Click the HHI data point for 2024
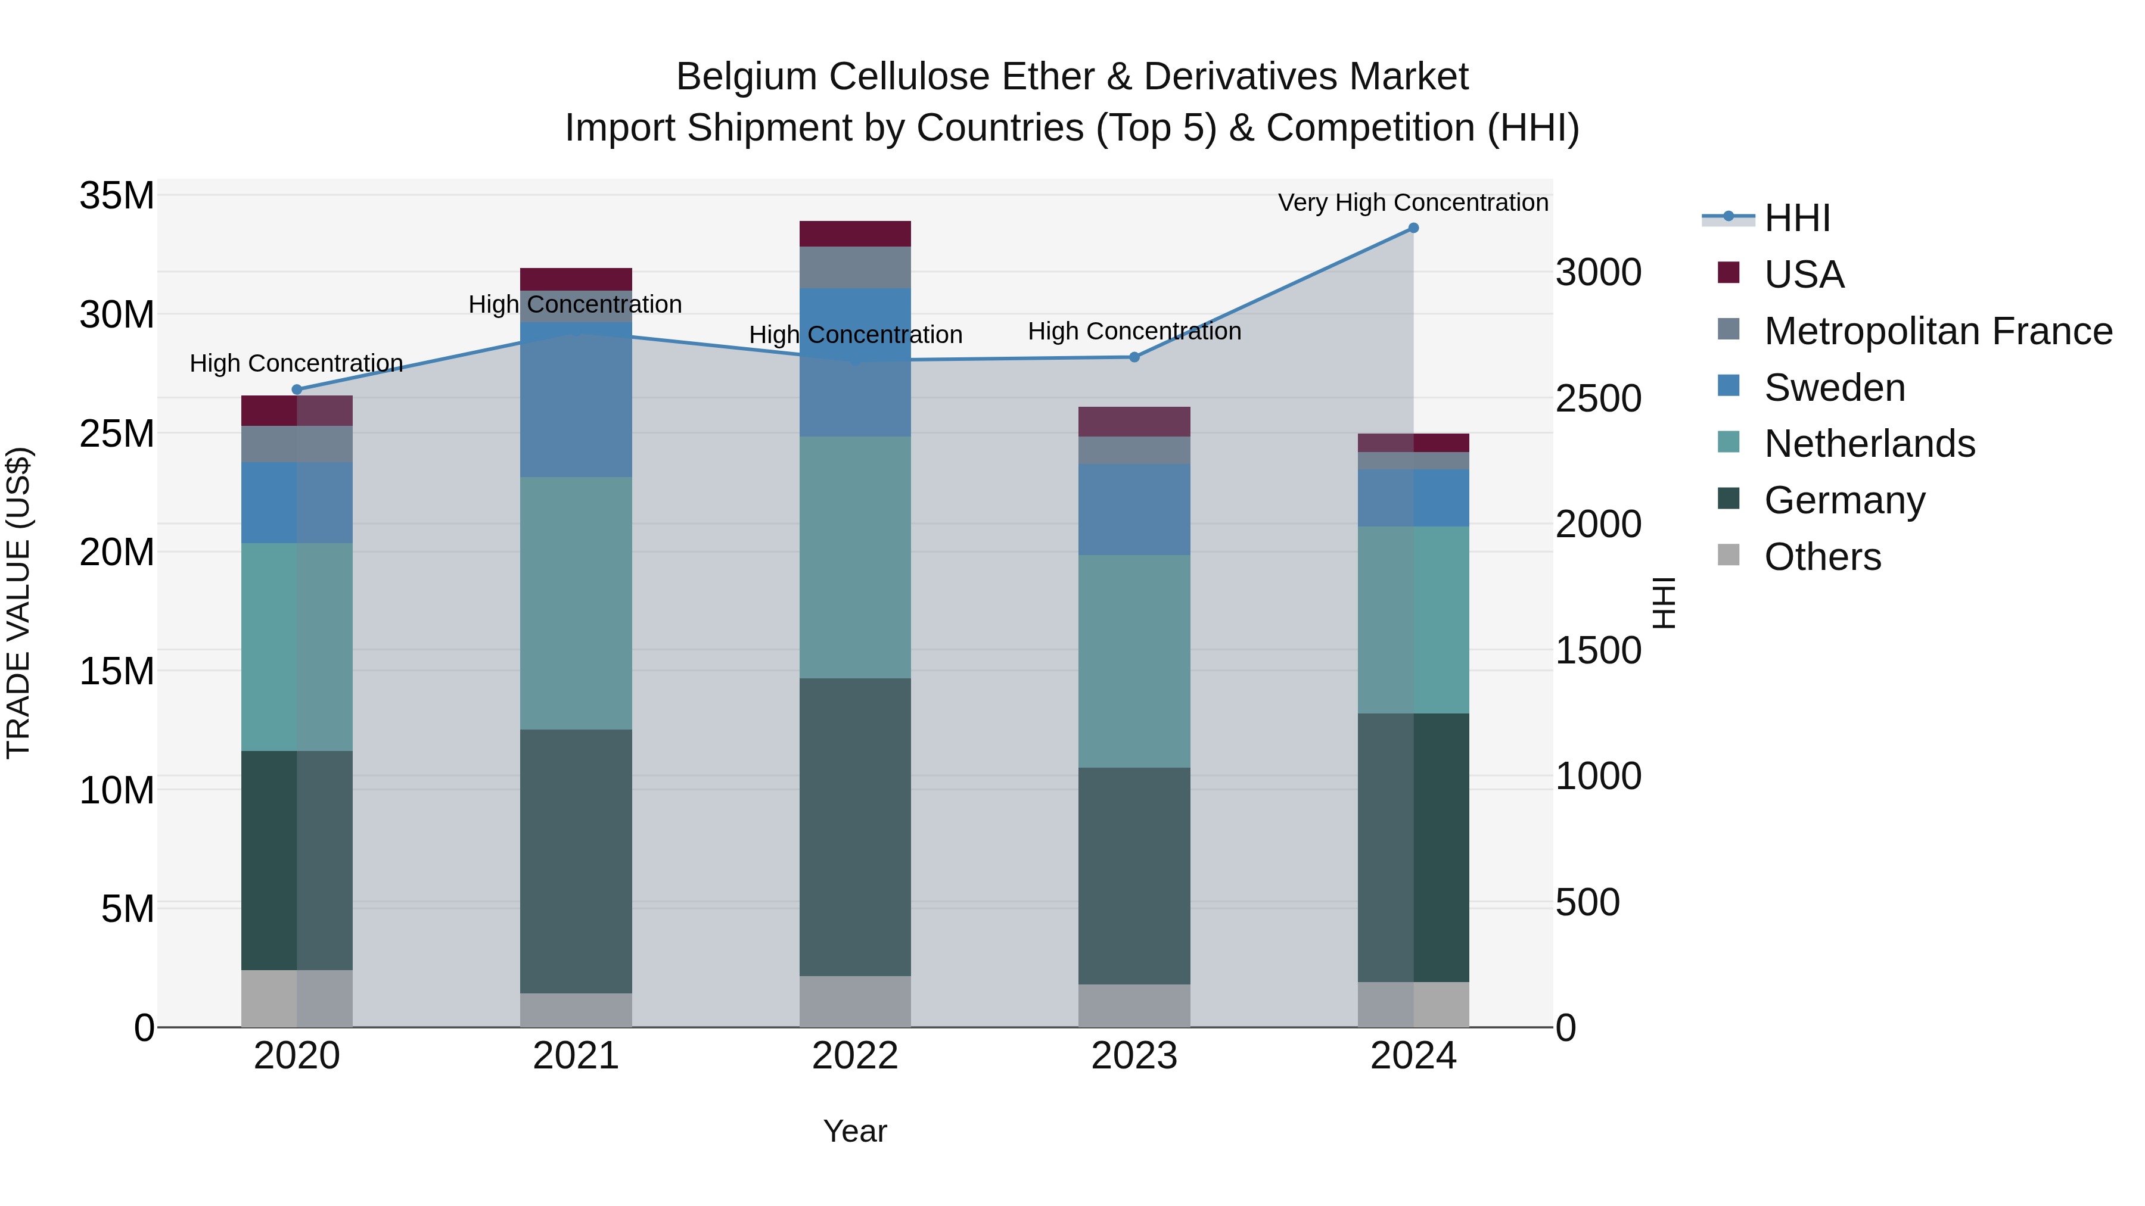[x=1413, y=228]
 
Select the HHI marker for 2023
[x=1134, y=357]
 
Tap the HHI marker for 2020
[x=297, y=389]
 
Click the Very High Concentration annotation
[x=1413, y=202]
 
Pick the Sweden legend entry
[x=1835, y=388]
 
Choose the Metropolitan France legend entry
[x=1938, y=331]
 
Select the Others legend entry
[x=1822, y=557]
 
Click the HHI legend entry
[x=1797, y=218]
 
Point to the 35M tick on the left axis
[x=117, y=197]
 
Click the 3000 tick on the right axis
[x=1599, y=272]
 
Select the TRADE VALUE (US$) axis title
[x=18, y=603]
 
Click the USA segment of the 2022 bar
[x=855, y=234]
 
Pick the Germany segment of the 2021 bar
[x=576, y=861]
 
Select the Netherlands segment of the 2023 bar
[x=1134, y=661]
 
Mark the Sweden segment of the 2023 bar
[x=1134, y=509]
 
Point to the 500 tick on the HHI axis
[x=1588, y=902]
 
